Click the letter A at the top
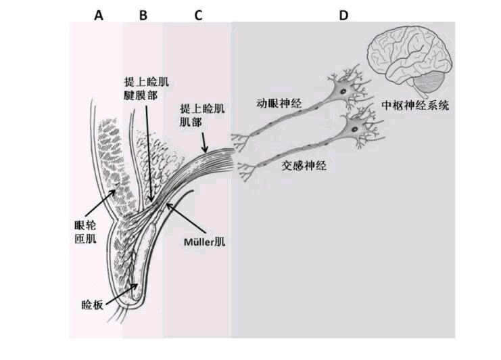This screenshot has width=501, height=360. tap(99, 15)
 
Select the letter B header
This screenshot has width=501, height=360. tap(143, 15)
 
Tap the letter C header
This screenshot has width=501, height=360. tap(198, 15)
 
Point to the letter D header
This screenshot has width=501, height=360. tap(343, 15)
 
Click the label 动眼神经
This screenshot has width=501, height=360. tap(279, 104)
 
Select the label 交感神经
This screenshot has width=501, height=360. tap(304, 166)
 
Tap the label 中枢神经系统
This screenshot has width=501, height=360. tap(415, 105)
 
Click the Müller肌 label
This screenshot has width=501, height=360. tap(204, 242)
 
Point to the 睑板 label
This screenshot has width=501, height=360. tap(93, 305)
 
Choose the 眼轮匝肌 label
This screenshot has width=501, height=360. tap(85, 232)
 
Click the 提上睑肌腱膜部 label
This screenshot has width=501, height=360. tap(146, 89)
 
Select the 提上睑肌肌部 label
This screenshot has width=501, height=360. tap(202, 115)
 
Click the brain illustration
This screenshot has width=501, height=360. tap(410, 61)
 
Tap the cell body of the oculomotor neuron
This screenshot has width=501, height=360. tap(343, 91)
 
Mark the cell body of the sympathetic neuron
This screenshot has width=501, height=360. tap(355, 129)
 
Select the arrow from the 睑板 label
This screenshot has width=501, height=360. tap(122, 294)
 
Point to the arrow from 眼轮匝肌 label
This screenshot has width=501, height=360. tap(100, 203)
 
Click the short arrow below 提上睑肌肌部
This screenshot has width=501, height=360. tap(204, 143)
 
